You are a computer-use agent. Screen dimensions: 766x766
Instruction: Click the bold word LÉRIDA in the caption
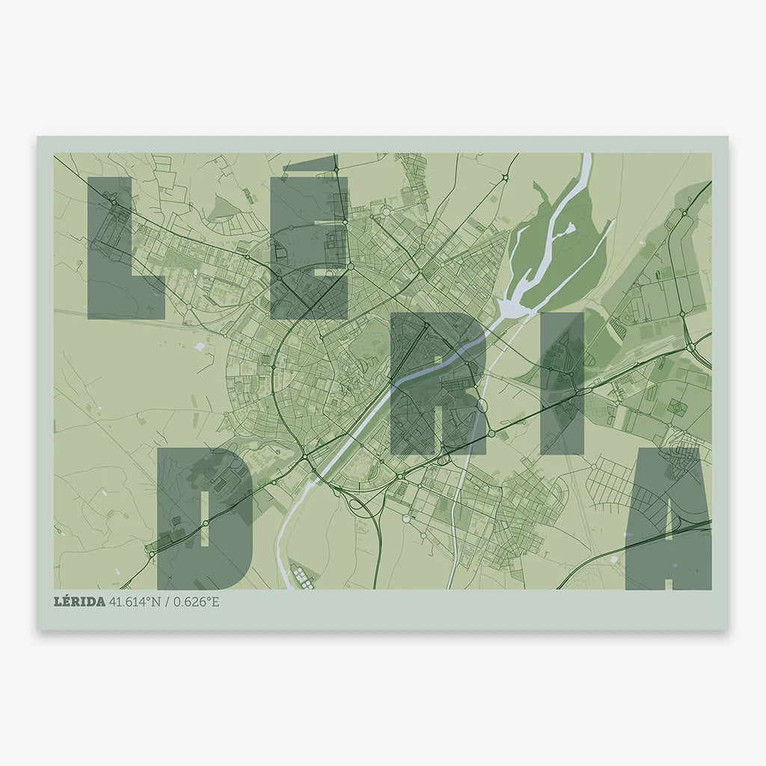(79, 602)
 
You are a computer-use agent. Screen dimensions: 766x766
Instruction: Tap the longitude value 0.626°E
(197, 602)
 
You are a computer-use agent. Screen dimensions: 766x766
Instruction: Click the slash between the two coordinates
(168, 602)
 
